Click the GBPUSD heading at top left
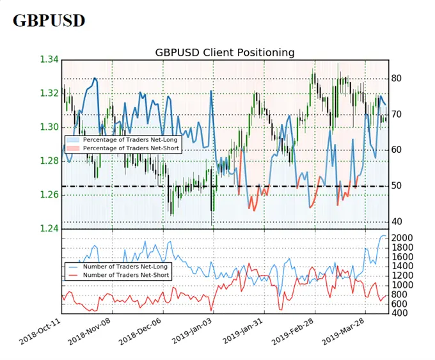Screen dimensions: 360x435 49,20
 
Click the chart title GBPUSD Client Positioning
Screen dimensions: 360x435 225,52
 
